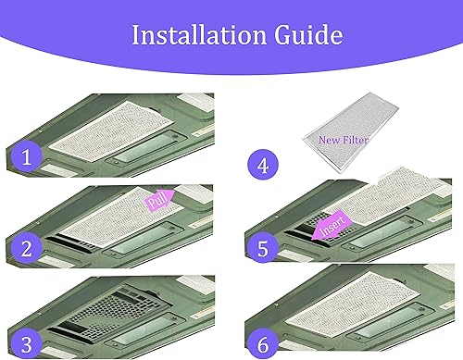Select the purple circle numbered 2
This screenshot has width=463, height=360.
coord(27,248)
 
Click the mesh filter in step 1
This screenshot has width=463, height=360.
coord(111,130)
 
